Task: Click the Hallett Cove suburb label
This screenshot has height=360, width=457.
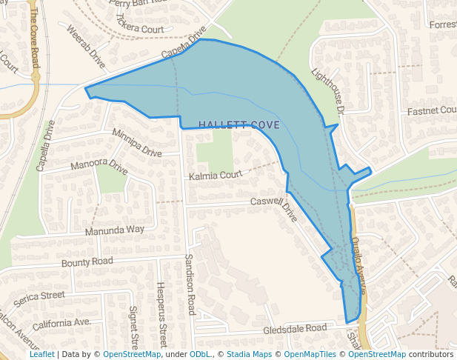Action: (x=239, y=125)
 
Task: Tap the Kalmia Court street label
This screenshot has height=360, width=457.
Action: (x=216, y=176)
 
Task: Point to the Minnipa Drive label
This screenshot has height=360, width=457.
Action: (x=137, y=144)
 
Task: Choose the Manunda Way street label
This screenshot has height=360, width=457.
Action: (x=114, y=230)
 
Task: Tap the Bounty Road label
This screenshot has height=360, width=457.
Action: (x=87, y=261)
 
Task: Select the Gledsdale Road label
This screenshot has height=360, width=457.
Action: (x=295, y=328)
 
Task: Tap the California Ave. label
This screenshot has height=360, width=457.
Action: (x=61, y=323)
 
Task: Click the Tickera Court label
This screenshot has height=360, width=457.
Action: (x=139, y=27)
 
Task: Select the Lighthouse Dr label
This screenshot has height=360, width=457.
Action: (x=329, y=91)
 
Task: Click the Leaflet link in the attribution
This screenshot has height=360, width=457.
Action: (x=41, y=354)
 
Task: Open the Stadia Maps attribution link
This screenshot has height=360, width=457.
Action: (x=249, y=354)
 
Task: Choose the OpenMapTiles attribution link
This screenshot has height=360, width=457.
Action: (x=310, y=354)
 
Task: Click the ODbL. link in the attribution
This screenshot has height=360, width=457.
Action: (x=200, y=354)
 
